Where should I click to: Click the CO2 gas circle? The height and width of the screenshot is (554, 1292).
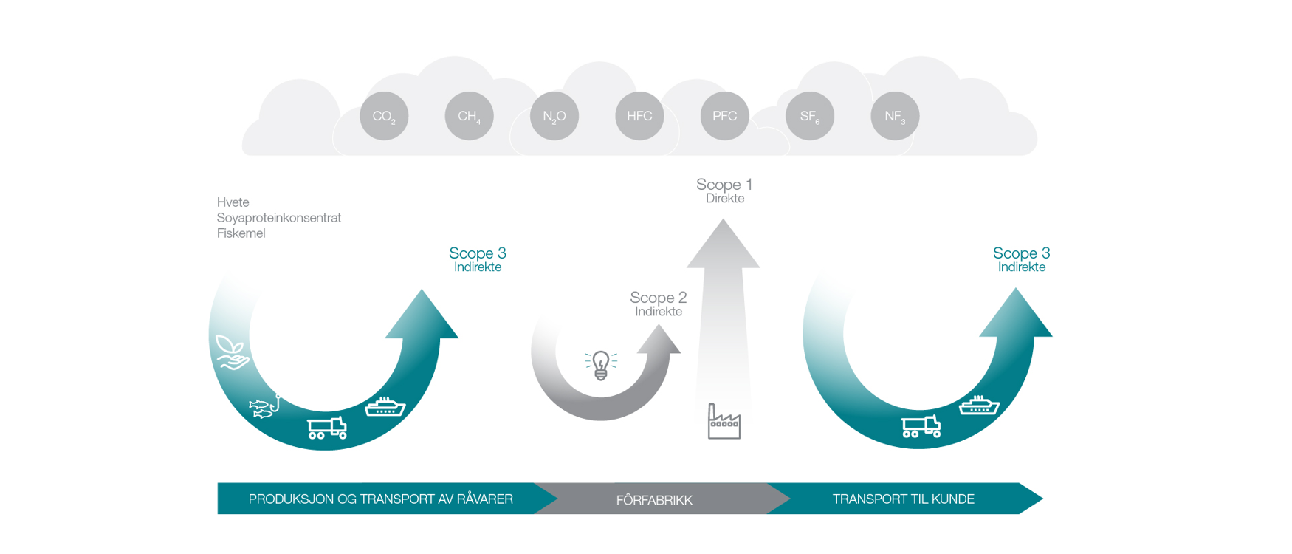click(384, 116)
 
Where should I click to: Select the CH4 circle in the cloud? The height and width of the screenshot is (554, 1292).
click(470, 116)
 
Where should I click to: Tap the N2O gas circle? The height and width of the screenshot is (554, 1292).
click(554, 116)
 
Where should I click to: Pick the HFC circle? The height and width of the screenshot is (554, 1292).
click(639, 116)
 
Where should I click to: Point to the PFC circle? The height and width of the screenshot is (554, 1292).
click(724, 116)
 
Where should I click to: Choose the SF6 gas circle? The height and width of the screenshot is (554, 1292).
click(810, 116)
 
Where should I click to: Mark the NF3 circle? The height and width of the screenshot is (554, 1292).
click(895, 116)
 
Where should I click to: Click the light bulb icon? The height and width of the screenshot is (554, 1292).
click(601, 365)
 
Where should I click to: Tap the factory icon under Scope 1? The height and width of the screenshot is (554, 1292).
click(724, 422)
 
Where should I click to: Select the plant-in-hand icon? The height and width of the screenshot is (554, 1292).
click(232, 352)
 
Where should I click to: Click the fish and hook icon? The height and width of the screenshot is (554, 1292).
click(265, 406)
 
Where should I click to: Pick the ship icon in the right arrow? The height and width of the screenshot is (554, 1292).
click(979, 405)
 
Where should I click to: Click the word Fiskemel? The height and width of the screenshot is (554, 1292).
click(241, 233)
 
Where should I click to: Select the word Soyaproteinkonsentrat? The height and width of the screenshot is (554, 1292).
click(279, 218)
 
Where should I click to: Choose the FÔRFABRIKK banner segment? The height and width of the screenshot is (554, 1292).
click(654, 500)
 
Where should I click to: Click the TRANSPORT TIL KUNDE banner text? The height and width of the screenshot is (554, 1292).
click(903, 499)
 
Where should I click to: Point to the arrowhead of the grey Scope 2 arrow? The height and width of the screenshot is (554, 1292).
click(658, 340)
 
